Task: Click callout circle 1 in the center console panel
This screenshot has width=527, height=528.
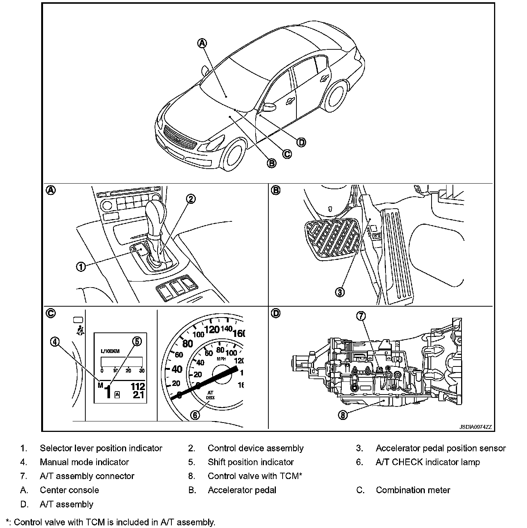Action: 81,267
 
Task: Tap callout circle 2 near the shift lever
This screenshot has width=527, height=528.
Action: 191,199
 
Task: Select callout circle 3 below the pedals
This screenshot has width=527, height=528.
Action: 339,292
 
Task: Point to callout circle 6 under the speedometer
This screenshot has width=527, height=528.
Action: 195,415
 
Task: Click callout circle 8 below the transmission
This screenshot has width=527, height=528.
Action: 342,414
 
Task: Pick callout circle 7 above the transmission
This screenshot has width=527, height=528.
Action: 360,316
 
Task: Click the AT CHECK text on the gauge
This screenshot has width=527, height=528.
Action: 210,395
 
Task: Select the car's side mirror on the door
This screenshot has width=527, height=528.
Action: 268,107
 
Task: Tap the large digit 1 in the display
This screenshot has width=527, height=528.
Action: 108,392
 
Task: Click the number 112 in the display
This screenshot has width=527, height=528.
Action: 137,386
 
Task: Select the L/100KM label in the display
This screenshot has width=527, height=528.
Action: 109,351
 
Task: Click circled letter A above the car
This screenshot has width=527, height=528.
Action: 202,43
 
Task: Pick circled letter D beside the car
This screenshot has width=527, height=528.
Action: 301,142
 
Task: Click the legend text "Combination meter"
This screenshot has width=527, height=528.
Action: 413,490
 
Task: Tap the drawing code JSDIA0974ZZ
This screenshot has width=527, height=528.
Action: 475,427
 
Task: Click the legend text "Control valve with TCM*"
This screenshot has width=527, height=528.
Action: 255,476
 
